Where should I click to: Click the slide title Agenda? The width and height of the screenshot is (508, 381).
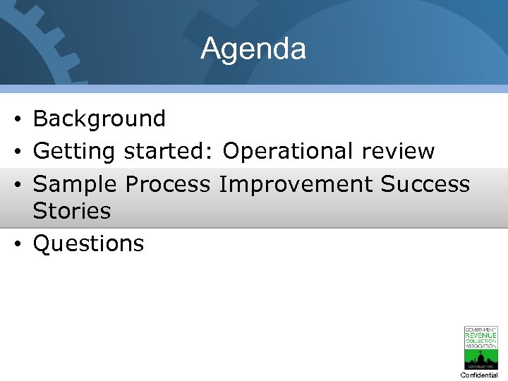[253, 49]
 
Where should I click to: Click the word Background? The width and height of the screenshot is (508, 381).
[99, 119]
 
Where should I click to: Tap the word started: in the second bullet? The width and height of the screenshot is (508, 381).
[170, 151]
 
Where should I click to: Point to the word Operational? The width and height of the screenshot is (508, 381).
[288, 151]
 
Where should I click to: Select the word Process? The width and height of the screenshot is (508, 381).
[168, 184]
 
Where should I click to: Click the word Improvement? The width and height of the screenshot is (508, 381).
[296, 184]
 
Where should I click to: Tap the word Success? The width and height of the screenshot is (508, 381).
[425, 184]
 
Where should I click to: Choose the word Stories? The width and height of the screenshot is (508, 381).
[72, 210]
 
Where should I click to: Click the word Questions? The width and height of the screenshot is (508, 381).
[89, 243]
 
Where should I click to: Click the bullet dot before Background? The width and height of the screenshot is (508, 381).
[16, 119]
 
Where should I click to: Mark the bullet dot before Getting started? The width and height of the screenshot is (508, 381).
[16, 152]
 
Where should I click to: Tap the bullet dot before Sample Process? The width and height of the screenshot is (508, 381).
[16, 185]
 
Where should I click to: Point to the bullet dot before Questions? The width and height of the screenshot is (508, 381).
[16, 244]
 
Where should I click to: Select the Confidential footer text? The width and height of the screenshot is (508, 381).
[480, 375]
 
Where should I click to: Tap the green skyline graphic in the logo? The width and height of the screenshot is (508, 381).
[480, 357]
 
